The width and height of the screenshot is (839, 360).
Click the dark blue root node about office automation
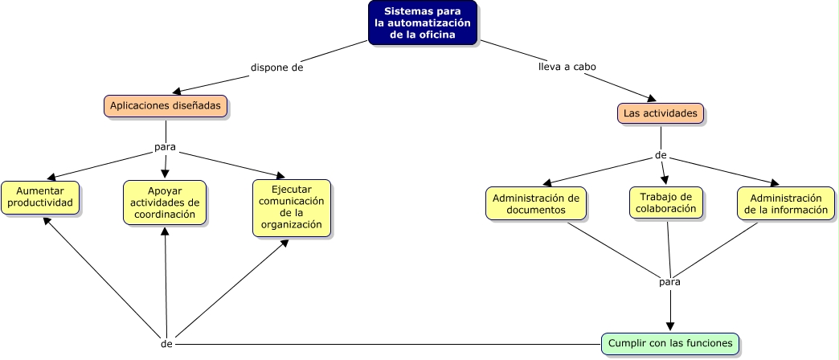[x=423, y=22]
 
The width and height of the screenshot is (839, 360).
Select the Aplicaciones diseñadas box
[x=166, y=106]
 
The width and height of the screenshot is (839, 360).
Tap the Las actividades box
[x=661, y=113]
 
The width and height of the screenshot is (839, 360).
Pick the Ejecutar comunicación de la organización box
[x=291, y=207]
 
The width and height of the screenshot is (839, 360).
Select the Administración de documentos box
[x=535, y=203]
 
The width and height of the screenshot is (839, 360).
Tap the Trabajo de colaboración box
[x=665, y=202]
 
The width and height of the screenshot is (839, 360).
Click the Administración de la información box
[x=784, y=203]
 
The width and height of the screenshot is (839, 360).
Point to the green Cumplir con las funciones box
[x=670, y=343]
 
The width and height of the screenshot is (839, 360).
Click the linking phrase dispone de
[x=276, y=67]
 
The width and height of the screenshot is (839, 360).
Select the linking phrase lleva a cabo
[x=567, y=67]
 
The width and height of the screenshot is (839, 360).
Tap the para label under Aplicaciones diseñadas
[x=165, y=147]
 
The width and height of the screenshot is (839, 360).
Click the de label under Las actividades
[x=661, y=155]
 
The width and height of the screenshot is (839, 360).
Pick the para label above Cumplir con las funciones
[x=669, y=282]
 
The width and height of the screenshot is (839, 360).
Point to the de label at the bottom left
[x=167, y=343]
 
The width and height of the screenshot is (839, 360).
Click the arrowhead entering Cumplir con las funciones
[x=670, y=326]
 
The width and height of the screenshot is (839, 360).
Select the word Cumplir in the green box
[x=625, y=343]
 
